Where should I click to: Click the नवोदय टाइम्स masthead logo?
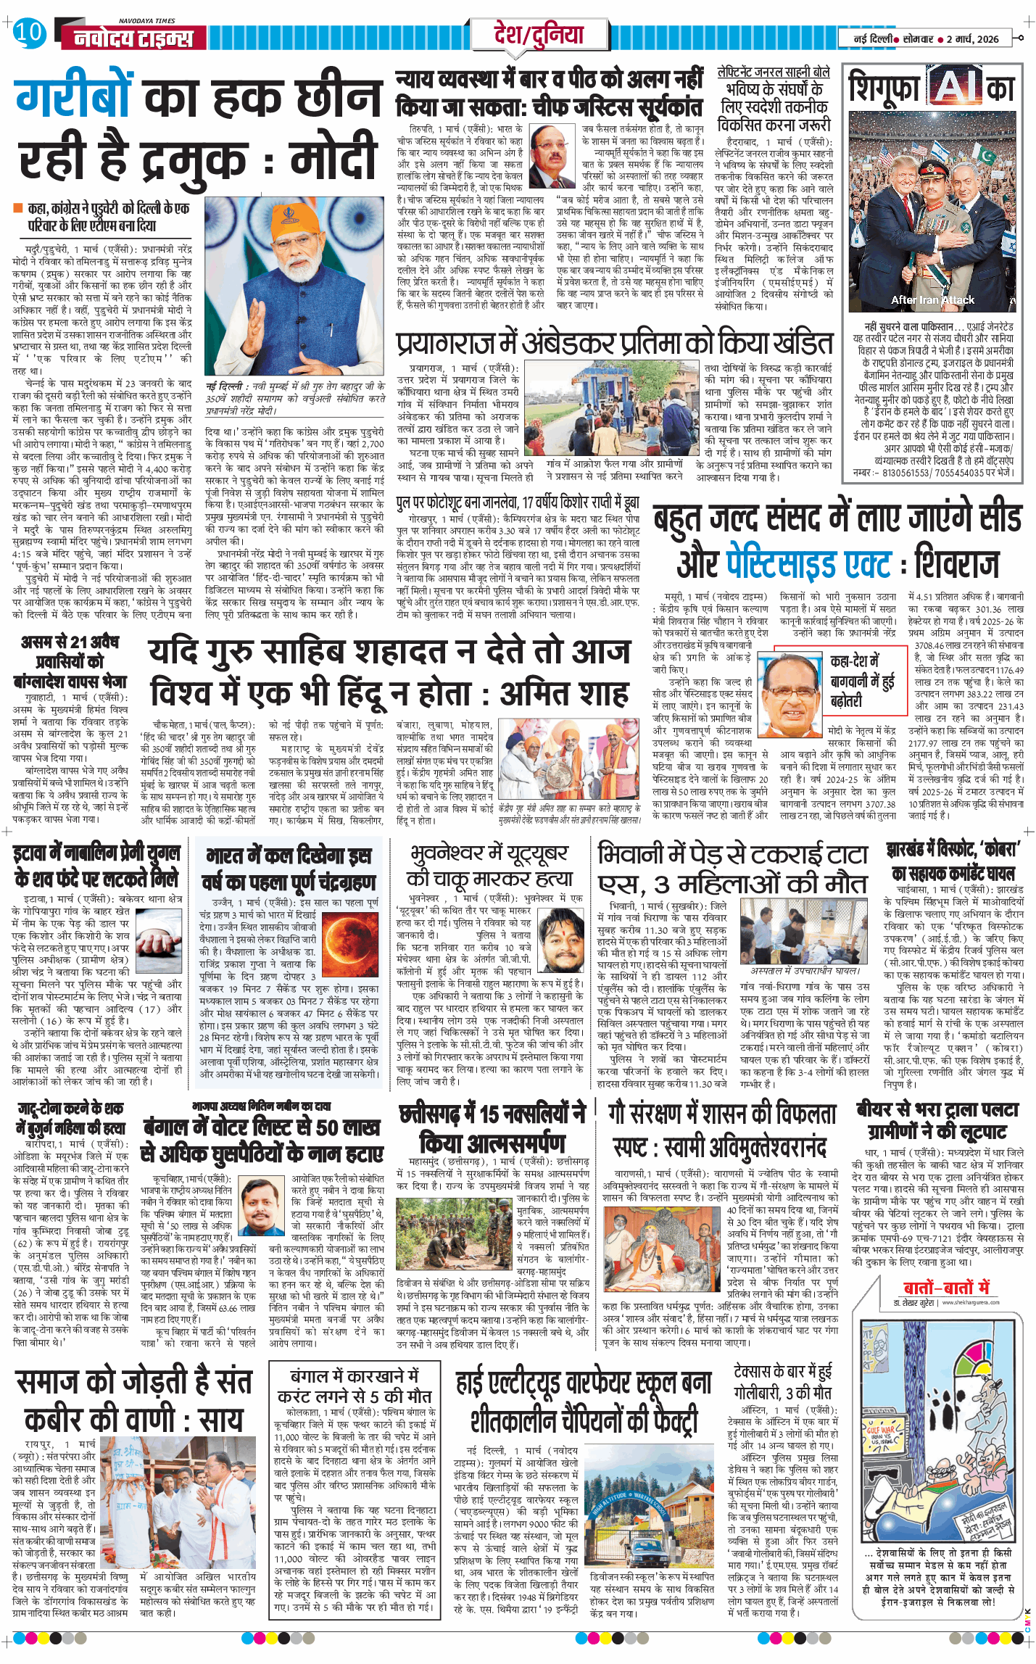[134, 38]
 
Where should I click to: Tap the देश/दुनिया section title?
[538, 35]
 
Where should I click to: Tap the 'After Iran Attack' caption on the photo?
[932, 299]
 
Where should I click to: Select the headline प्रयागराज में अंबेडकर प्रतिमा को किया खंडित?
[615, 344]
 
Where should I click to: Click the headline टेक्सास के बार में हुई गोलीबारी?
[782, 1381]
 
